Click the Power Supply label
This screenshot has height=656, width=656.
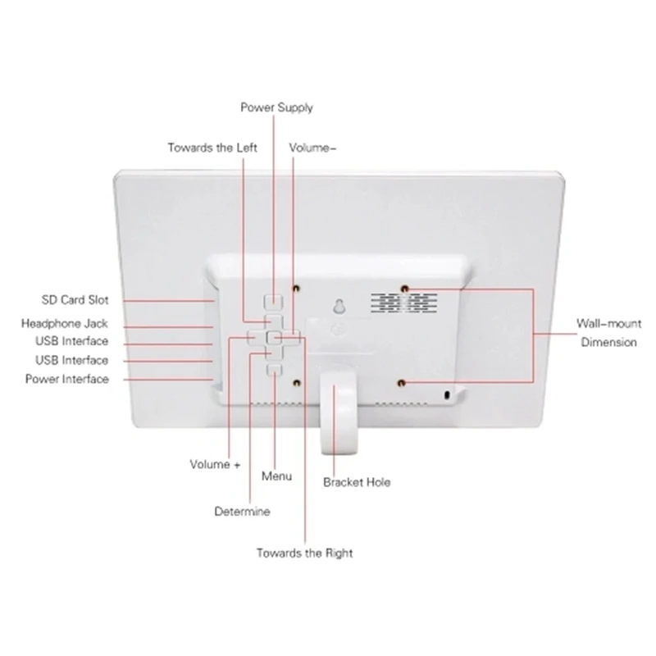pos(276,108)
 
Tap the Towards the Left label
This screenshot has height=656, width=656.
pos(212,148)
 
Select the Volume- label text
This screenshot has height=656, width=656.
pos(312,148)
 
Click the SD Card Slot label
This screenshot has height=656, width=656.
pos(75,300)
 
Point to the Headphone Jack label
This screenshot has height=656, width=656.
pos(65,324)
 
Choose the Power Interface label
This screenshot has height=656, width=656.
pos(67,379)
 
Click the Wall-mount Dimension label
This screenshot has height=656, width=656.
pos(608,333)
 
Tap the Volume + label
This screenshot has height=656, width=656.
pos(215,464)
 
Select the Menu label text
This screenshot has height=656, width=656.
pos(276,476)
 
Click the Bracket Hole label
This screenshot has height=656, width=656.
pos(357,482)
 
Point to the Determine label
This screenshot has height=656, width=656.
pos(242,511)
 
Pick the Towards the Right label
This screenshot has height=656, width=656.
pos(304,553)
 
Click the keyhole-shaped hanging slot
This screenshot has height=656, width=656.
pos(339,306)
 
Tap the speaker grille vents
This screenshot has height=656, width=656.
pos(404,303)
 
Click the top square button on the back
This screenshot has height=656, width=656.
pos(274,301)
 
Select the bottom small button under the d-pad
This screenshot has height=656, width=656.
pos(275,370)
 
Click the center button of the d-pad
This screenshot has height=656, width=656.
pos(274,337)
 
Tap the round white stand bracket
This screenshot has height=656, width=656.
pos(339,414)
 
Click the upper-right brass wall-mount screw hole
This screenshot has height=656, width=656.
pos(404,289)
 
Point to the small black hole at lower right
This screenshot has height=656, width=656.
pos(447,395)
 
